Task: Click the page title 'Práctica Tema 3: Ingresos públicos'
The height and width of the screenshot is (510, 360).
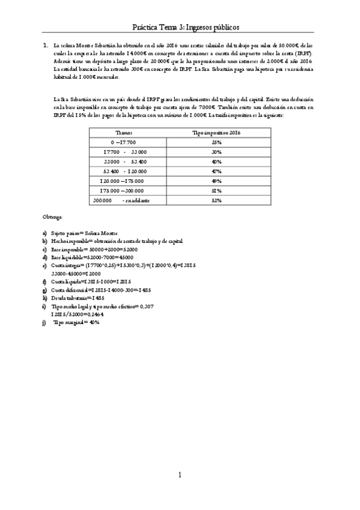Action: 186,28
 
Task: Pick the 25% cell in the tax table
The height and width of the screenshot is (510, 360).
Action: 216,143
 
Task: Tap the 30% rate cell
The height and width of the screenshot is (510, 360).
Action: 216,152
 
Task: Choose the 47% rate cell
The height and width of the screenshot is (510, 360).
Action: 216,171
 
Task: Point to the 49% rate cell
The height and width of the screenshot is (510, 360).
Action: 216,181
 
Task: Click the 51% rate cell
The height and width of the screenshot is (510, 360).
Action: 216,191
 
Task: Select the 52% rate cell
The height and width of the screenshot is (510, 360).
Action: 216,200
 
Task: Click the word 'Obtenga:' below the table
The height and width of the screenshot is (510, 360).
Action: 52,215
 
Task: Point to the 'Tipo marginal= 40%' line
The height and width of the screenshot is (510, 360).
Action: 76,322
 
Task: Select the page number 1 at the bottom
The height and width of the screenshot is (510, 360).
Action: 180,476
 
